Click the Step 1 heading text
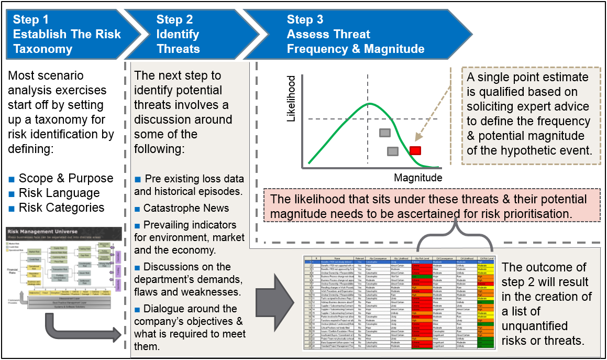(x=67, y=35)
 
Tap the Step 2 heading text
(x=178, y=35)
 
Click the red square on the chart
(x=415, y=151)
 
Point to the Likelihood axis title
(x=292, y=99)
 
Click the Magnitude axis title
(x=418, y=178)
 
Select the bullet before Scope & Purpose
(x=11, y=178)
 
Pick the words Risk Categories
(x=61, y=208)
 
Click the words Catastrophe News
(x=186, y=208)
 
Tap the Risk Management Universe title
(x=42, y=231)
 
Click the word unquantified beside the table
(x=538, y=326)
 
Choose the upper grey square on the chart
(x=385, y=133)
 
